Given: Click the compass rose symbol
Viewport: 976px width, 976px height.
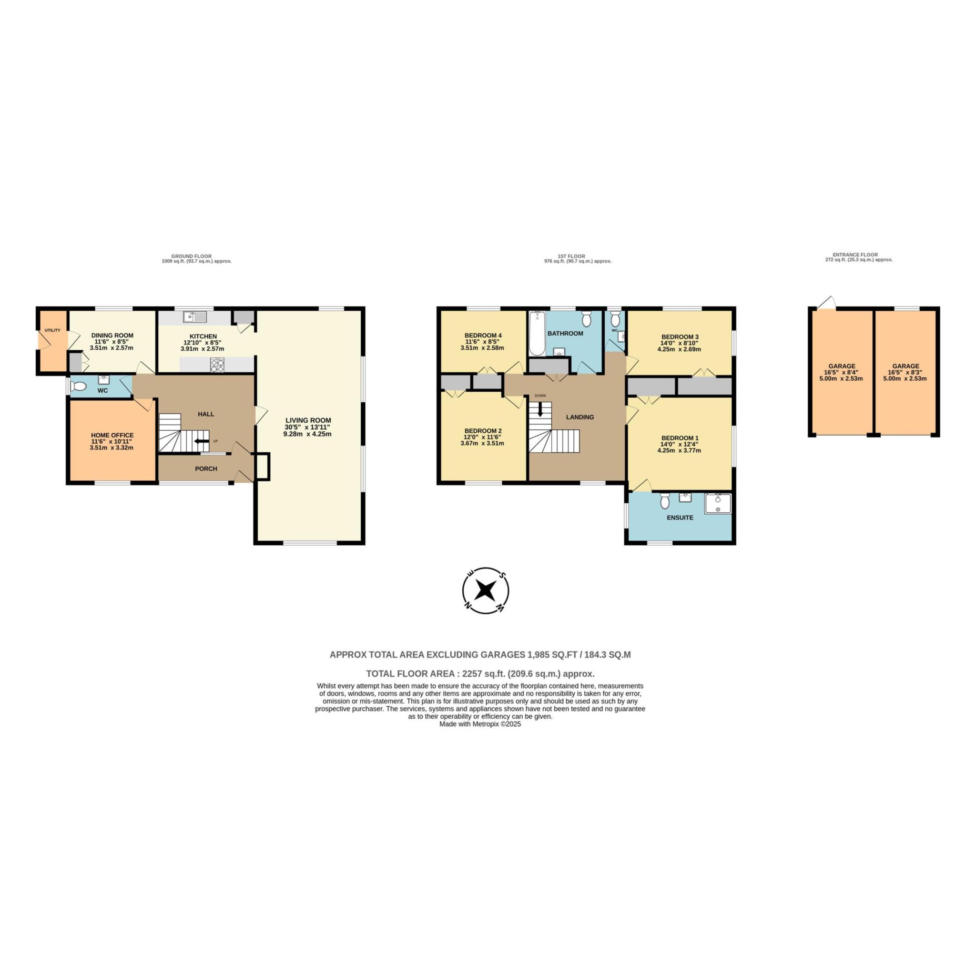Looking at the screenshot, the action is [486, 590].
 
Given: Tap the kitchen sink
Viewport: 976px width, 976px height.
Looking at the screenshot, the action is [195, 317].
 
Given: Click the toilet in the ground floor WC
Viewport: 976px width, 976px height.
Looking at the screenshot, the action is [78, 387].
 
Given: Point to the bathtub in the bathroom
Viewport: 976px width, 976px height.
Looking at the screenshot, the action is [537, 334].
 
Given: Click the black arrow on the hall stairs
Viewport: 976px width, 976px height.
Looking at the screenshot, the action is [202, 444].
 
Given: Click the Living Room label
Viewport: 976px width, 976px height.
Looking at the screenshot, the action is [308, 420].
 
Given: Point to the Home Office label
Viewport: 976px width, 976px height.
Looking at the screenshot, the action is [112, 435].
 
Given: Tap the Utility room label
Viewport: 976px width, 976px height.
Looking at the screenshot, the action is [52, 330].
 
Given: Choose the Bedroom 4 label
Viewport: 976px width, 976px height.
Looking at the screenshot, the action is [483, 335].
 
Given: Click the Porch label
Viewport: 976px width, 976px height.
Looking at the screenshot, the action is [206, 469].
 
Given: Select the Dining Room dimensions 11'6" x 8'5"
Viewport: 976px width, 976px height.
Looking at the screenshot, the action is [111, 342].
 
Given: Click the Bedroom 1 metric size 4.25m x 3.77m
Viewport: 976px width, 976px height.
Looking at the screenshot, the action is [679, 451].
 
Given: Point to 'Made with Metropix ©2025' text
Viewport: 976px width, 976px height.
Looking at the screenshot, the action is [480, 723].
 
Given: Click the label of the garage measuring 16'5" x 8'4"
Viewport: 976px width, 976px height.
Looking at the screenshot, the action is [842, 366].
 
